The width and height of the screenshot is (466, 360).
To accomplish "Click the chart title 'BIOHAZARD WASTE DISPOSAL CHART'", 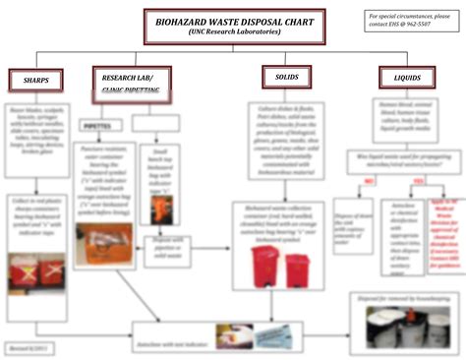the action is pos(233,21).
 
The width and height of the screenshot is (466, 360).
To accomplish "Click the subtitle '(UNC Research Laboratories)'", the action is pos(233,32).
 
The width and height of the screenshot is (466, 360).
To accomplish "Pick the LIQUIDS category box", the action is pos(408,77).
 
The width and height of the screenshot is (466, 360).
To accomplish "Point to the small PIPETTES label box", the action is pos(97,127).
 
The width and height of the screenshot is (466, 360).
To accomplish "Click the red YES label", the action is pos(418,182).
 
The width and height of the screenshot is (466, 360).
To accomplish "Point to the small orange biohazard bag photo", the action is pos(158,209).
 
